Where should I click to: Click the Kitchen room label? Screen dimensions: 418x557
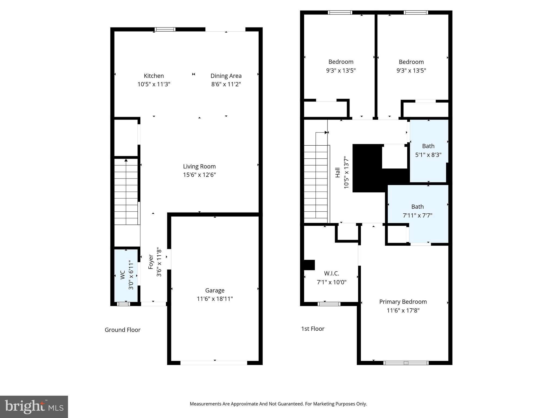pyautogui.click(x=154, y=76)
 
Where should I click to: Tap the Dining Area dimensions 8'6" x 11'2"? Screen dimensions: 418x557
pyautogui.click(x=226, y=84)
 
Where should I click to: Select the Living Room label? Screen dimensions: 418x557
pyautogui.click(x=199, y=167)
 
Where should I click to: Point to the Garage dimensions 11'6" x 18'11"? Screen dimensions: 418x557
pyautogui.click(x=215, y=299)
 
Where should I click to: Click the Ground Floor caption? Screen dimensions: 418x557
pyautogui.click(x=122, y=330)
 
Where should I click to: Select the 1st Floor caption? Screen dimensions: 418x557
pyautogui.click(x=312, y=329)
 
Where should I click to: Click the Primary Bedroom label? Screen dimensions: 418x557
pyautogui.click(x=403, y=302)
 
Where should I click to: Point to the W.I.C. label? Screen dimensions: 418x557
pyautogui.click(x=331, y=273)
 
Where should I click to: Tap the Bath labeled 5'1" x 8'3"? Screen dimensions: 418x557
pyautogui.click(x=428, y=150)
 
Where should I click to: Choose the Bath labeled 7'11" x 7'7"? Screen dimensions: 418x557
pyautogui.click(x=417, y=211)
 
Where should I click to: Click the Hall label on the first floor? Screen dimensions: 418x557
pyautogui.click(x=338, y=173)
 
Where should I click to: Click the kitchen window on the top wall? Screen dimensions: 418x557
pyautogui.click(x=165, y=29)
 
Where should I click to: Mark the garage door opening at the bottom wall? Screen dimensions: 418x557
pyautogui.click(x=214, y=363)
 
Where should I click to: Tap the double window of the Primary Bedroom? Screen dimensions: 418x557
pyautogui.click(x=406, y=363)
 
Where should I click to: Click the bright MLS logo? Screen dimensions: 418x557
pyautogui.click(x=34, y=407)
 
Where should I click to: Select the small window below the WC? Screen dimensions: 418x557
pyautogui.click(x=123, y=304)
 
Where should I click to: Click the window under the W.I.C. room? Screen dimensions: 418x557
pyautogui.click(x=329, y=304)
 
